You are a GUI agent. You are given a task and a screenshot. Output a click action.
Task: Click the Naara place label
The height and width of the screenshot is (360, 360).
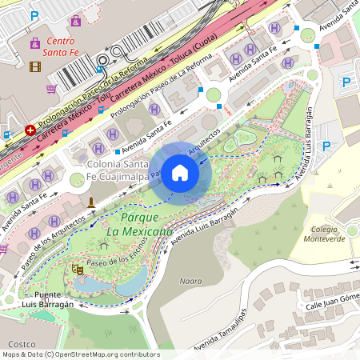click(x=191, y=281)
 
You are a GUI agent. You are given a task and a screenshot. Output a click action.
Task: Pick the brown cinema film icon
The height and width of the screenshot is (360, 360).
click(x=34, y=66)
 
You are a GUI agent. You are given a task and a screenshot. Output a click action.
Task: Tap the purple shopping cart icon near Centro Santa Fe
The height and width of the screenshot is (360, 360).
click(x=52, y=89)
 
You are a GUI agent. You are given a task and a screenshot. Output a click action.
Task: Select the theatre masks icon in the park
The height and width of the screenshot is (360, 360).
click(x=78, y=271)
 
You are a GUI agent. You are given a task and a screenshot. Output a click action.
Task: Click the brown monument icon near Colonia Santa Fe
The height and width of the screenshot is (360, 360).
click(x=91, y=202)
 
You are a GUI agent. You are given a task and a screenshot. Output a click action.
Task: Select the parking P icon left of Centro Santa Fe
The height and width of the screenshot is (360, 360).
click(x=34, y=15)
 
